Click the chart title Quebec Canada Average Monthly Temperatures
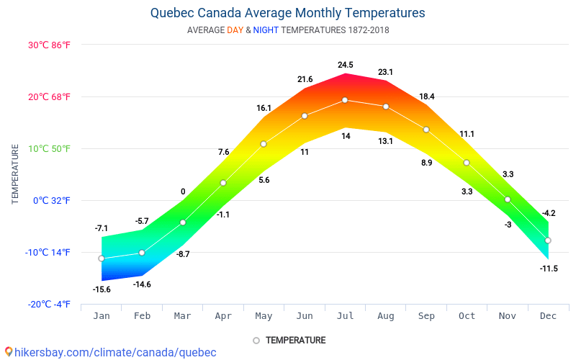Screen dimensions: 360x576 [x=288, y=13]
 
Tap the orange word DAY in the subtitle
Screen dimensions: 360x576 [x=235, y=30]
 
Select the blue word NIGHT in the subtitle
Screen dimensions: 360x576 [x=266, y=30]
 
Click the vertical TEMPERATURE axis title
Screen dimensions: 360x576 [x=15, y=174]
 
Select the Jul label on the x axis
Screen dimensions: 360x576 [x=345, y=316]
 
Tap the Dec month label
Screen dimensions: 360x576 [x=548, y=316]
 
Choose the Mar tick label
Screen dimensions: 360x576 [x=182, y=316]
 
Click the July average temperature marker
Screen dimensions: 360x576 [x=345, y=100]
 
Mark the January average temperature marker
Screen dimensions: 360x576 [x=102, y=258]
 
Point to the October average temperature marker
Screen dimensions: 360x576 [x=467, y=163]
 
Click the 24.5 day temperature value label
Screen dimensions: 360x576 [x=346, y=65]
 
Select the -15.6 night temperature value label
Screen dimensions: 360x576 [x=102, y=289]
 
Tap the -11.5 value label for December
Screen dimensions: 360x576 [x=549, y=269]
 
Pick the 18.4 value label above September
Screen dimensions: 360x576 [x=427, y=96]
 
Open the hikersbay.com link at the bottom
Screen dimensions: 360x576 [x=115, y=352]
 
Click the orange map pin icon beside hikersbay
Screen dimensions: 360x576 [x=9, y=351]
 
